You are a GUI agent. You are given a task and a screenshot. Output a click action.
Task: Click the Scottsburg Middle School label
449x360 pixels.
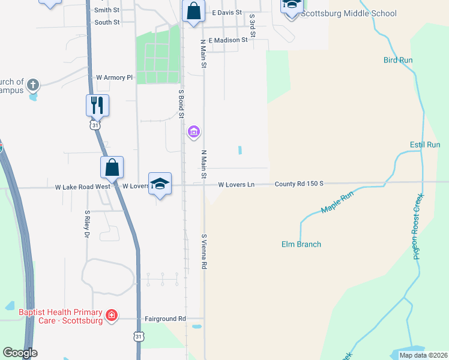[348, 13]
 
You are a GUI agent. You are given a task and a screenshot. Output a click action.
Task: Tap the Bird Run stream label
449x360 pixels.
[398, 60]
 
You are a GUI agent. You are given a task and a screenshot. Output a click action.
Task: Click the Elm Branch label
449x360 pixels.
[301, 244]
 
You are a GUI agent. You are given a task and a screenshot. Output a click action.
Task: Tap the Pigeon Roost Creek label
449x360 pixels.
[418, 226]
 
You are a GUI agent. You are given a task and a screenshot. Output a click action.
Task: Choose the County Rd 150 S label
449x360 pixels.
[299, 184]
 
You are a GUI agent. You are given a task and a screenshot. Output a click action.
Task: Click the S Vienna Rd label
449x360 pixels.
[205, 251]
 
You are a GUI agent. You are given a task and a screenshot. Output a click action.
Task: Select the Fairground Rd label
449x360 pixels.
[165, 319]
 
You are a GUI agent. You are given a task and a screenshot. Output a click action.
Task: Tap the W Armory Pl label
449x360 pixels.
[114, 77]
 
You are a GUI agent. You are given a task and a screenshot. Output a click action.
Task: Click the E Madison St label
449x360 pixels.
[228, 40]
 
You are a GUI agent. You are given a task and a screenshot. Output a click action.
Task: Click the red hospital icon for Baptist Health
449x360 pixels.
[111, 315]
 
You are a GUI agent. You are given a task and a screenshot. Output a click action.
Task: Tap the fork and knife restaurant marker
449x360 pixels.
[97, 105]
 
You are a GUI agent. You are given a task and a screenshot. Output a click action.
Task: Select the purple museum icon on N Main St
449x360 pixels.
[193, 131]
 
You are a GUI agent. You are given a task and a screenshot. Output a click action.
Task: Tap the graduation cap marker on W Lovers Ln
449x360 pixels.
[160, 184]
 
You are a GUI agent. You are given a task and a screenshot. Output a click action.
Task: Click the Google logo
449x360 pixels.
[20, 353]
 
